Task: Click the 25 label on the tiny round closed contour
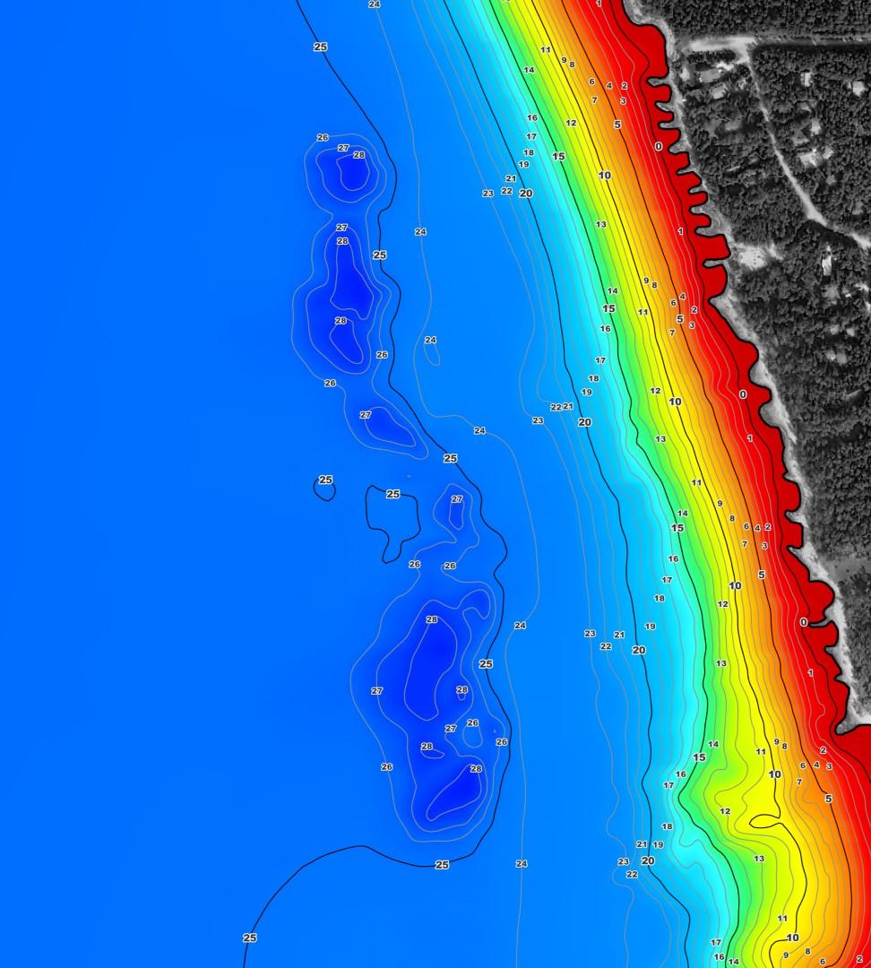click(325, 480)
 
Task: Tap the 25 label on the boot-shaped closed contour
click(392, 494)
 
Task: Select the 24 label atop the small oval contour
click(430, 340)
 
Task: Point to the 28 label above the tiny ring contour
click(461, 689)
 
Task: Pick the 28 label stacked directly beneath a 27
click(342, 241)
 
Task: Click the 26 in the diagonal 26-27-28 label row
click(323, 137)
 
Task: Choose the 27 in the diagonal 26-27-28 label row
click(343, 148)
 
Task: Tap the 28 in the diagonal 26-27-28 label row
click(359, 155)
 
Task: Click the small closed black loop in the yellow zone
click(764, 821)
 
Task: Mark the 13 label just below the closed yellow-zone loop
click(759, 859)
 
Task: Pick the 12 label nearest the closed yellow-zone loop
click(725, 811)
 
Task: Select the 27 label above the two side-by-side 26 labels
click(457, 499)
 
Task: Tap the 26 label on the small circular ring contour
click(472, 722)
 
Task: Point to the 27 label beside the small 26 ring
click(451, 729)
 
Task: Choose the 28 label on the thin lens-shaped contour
click(427, 746)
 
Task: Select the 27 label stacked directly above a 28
click(341, 228)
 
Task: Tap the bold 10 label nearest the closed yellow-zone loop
click(774, 774)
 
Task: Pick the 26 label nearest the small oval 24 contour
click(382, 355)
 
